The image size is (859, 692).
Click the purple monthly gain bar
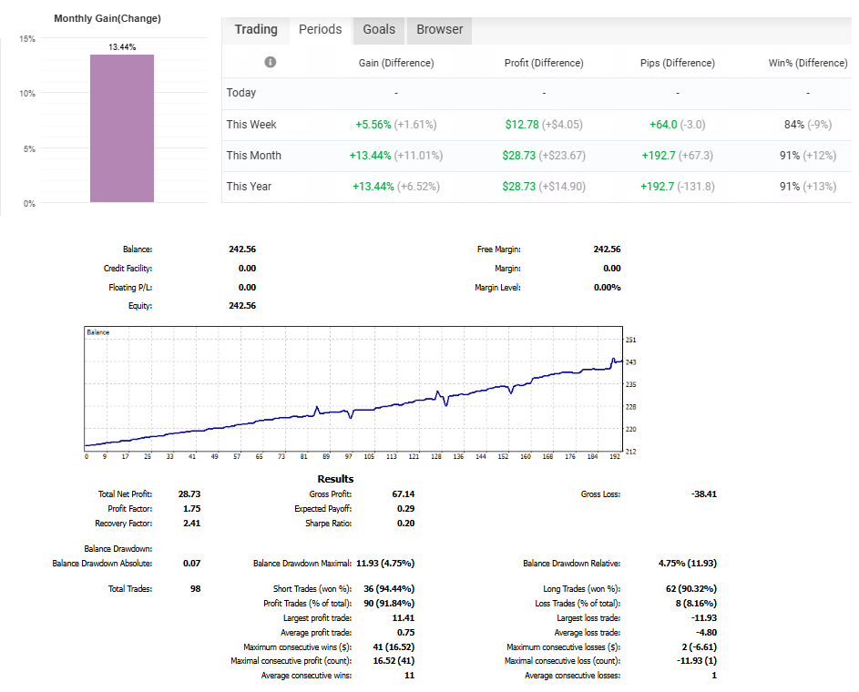122,127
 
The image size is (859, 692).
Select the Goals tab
379,29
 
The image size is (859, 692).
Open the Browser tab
440,29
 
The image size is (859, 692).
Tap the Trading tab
256,29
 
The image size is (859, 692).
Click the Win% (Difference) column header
807,63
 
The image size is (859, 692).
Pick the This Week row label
251,125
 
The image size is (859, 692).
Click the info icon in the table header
271,62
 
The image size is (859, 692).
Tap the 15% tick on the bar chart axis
27,39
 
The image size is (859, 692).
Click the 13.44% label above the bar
122,47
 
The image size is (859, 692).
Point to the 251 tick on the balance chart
631,340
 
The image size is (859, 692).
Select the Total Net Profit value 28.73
189,494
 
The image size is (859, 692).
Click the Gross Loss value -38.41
703,494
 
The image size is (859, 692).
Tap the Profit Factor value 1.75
191,509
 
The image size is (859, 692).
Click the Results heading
335,479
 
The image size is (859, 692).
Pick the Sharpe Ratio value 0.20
405,524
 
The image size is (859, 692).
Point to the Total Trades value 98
195,589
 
